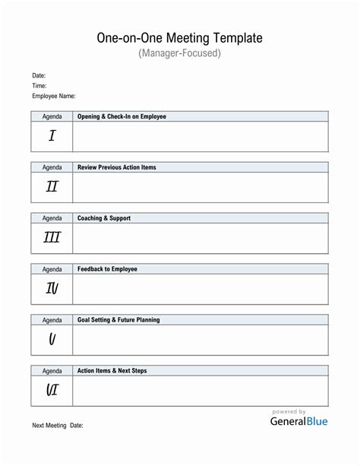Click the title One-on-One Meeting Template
(179, 37)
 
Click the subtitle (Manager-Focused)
(179, 54)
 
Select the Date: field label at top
(39, 76)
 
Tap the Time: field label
(39, 87)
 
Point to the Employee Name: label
(53, 97)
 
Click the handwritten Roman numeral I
(52, 136)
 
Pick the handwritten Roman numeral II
(52, 187)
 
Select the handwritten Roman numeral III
(52, 238)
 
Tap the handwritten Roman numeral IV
(52, 288)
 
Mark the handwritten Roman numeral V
(52, 339)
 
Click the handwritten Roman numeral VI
(52, 390)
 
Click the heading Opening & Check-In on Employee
(122, 116)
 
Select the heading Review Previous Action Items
(117, 167)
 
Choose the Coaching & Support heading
(104, 218)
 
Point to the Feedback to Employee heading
(107, 269)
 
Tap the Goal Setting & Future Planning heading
(118, 320)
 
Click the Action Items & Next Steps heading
(112, 371)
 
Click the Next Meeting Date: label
(58, 426)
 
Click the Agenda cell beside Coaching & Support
(52, 218)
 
